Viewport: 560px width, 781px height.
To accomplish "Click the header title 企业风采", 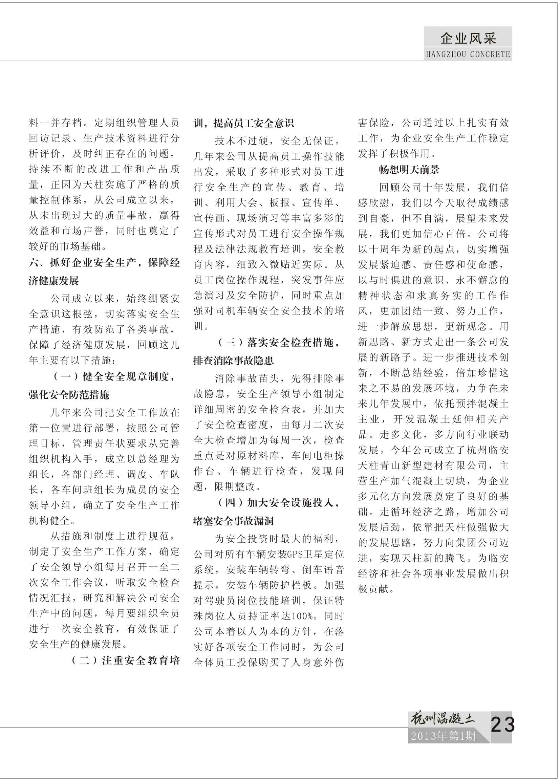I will click(468, 38).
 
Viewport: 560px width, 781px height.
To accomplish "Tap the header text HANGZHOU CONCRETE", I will click(468, 55).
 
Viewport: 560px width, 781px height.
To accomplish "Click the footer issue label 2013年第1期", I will click(443, 736).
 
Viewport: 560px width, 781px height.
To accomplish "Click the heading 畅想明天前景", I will click(409, 170).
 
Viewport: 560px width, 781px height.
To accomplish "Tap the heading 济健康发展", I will click(54, 281).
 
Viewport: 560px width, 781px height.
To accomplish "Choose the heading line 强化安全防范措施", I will click(69, 395).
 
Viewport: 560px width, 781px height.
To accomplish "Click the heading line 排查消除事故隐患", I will click(234, 361).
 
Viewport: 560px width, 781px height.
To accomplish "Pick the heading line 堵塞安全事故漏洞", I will click(234, 521).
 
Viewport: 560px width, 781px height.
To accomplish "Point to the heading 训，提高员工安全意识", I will click(244, 123).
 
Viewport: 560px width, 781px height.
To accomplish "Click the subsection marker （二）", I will click(85, 661).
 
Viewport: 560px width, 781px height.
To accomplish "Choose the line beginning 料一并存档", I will click(104, 123).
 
